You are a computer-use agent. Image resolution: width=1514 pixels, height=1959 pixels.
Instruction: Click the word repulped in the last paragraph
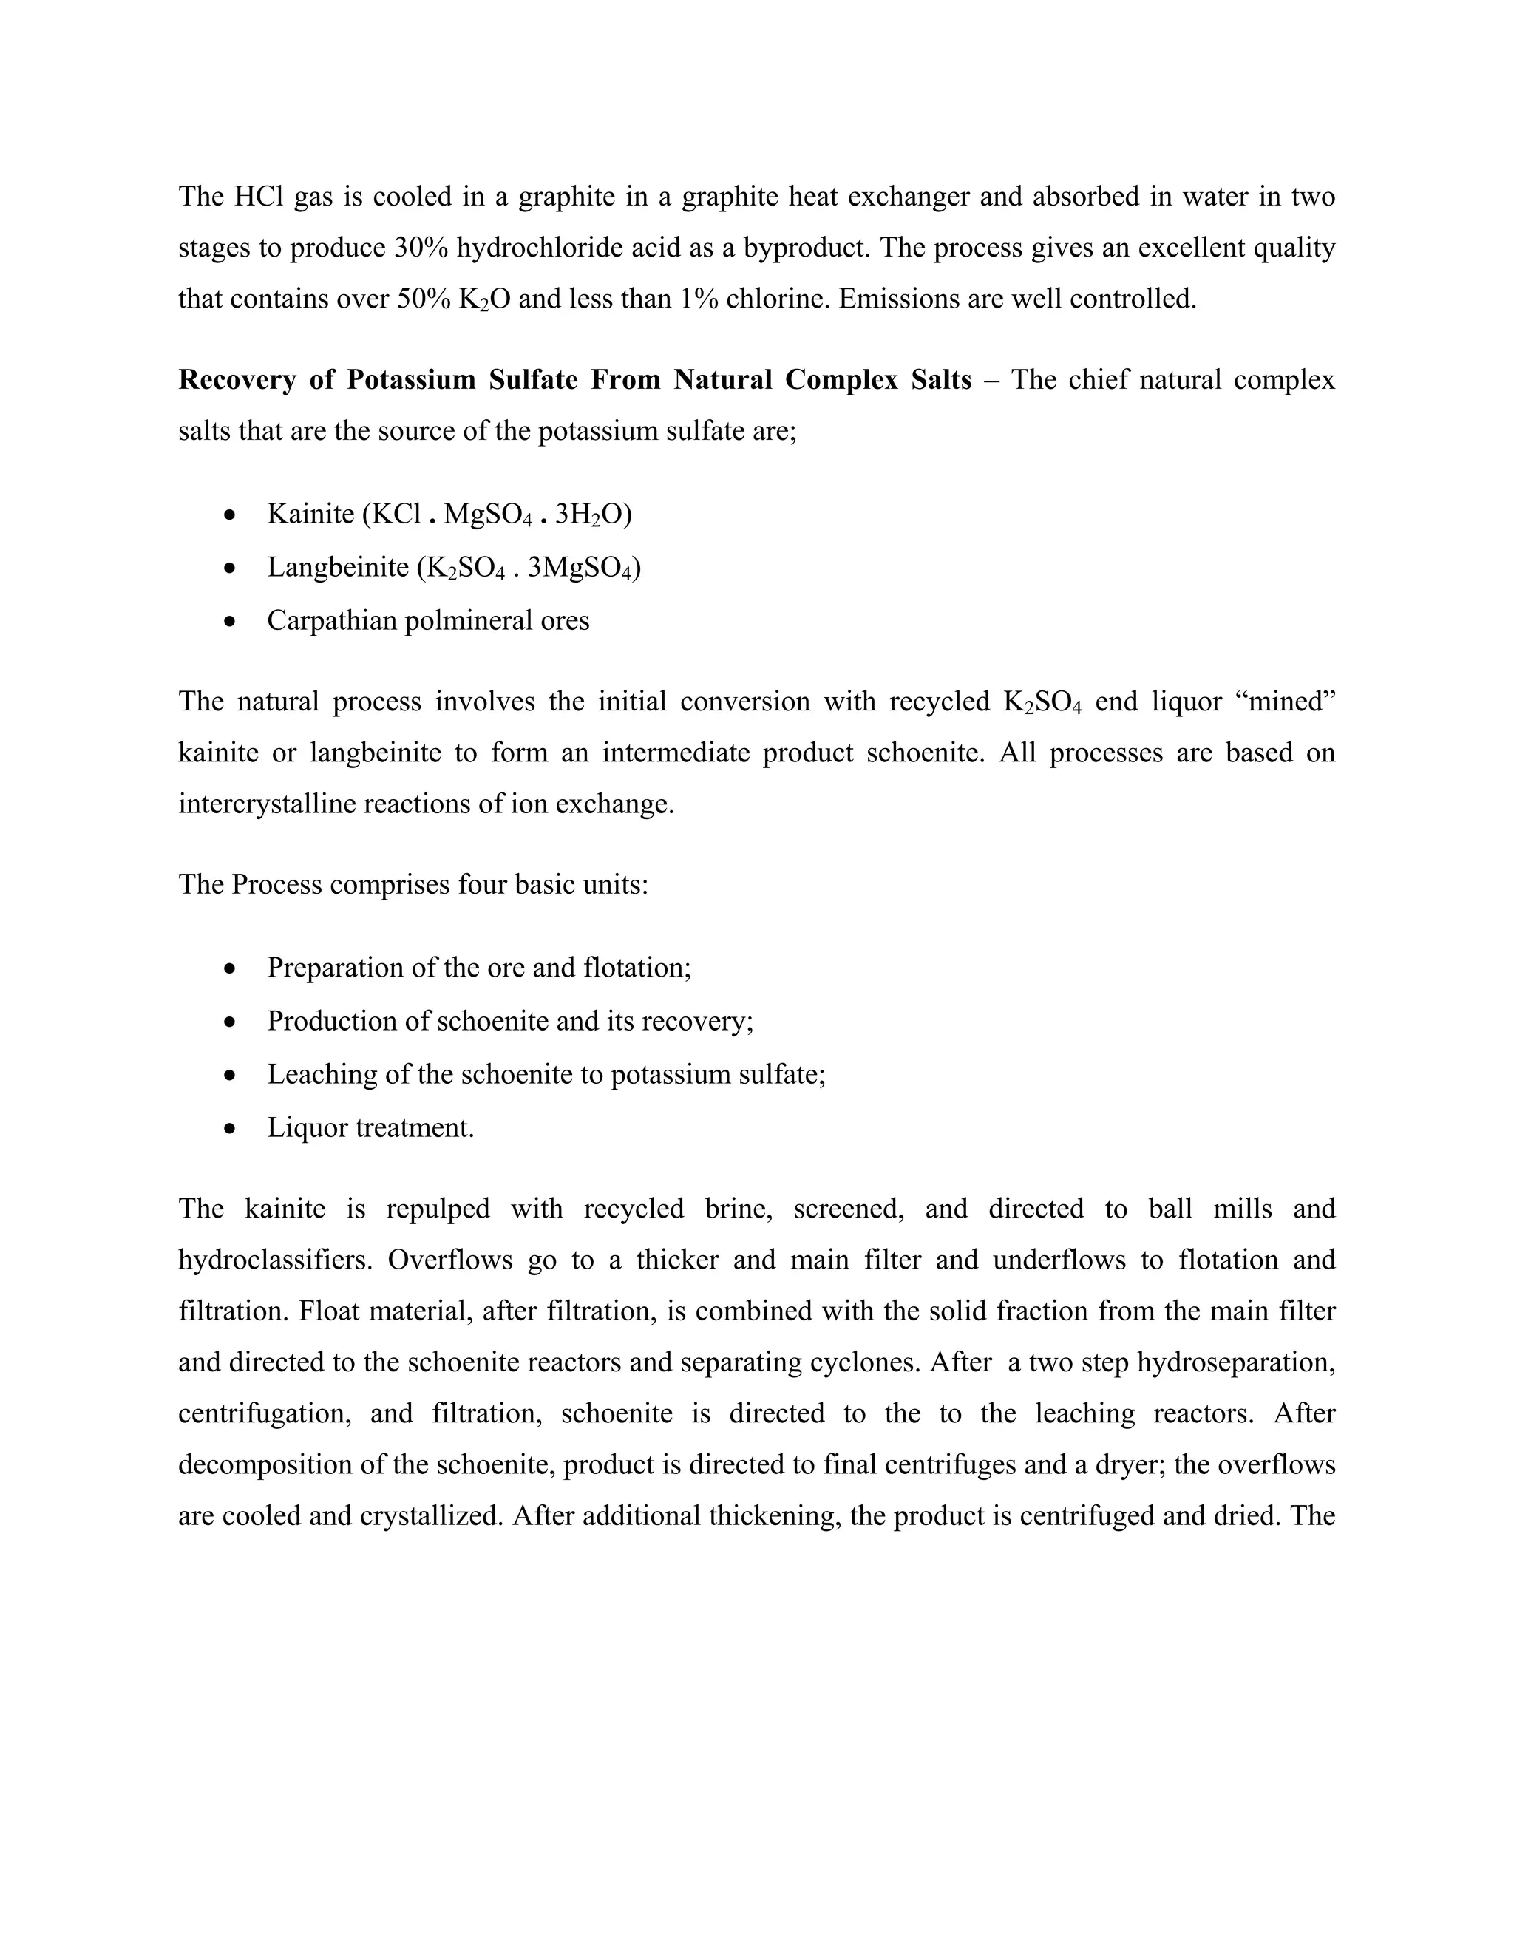click(438, 1209)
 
